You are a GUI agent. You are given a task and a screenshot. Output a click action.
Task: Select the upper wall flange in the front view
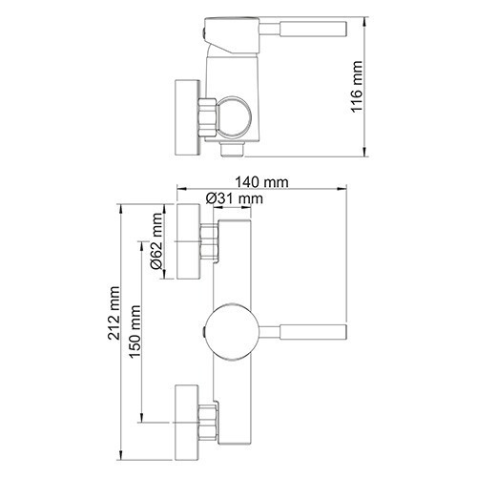click(187, 240)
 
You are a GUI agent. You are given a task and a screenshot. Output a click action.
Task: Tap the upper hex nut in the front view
click(209, 240)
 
